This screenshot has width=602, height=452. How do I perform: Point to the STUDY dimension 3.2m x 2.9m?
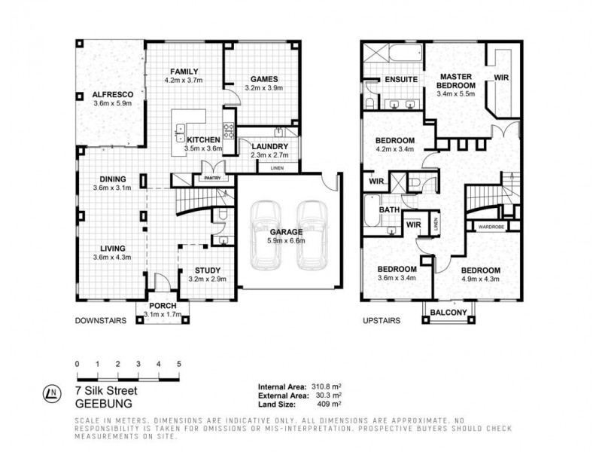tap(208, 279)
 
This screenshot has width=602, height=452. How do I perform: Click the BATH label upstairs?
tap(388, 210)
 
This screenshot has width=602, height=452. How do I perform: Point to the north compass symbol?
tap(50, 392)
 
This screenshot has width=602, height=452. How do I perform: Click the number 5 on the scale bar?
tap(178, 364)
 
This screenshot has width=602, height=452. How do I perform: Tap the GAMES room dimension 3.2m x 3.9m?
tap(261, 88)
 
